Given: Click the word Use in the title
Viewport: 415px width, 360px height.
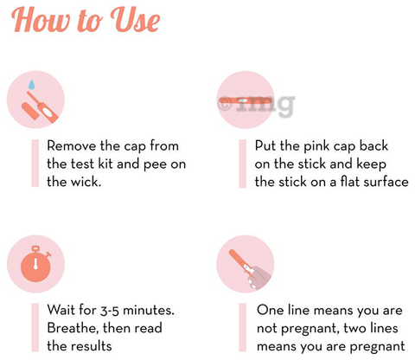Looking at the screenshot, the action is click(x=135, y=20).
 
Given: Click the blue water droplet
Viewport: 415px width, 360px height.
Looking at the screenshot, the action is click(x=31, y=85).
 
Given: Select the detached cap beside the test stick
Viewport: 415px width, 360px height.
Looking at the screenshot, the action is click(x=30, y=111).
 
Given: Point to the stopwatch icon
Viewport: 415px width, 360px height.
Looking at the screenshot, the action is click(x=36, y=264).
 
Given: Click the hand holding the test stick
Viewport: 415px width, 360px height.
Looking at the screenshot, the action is click(x=259, y=278).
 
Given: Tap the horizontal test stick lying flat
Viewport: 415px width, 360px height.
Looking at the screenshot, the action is click(x=245, y=100).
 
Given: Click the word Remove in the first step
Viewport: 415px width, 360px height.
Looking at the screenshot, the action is click(x=71, y=145).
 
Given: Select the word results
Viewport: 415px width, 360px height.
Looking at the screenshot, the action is click(x=92, y=346).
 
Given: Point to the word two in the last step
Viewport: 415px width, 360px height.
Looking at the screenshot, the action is click(x=354, y=329).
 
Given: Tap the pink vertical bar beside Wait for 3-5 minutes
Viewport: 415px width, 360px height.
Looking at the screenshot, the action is click(x=35, y=327).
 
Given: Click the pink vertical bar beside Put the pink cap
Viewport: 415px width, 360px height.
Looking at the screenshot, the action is click(x=243, y=164).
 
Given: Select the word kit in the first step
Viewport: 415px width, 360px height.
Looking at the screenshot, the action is click(x=106, y=164).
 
